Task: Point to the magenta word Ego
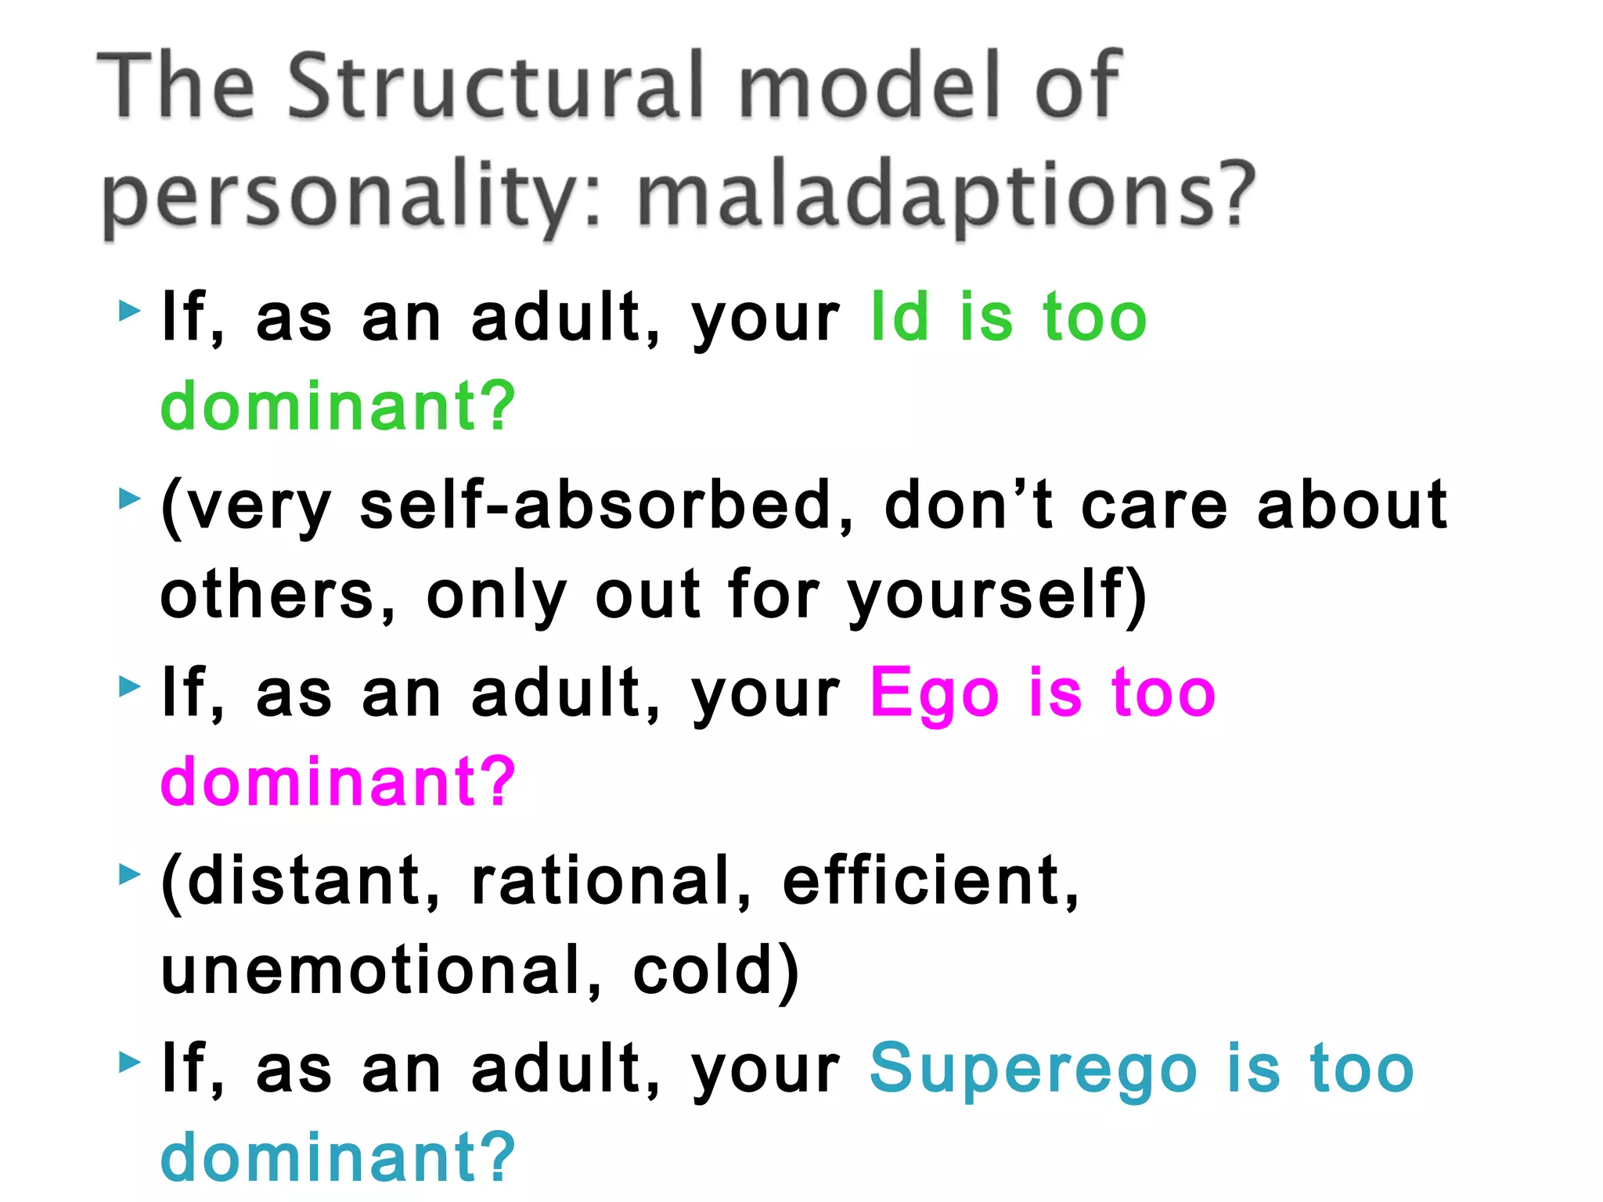pyautogui.click(x=935, y=693)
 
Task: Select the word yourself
pyautogui.click(x=989, y=595)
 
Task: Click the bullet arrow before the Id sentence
pyautogui.click(x=129, y=311)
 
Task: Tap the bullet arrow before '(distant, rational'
pyautogui.click(x=129, y=874)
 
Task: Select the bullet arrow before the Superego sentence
pyautogui.click(x=129, y=1062)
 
